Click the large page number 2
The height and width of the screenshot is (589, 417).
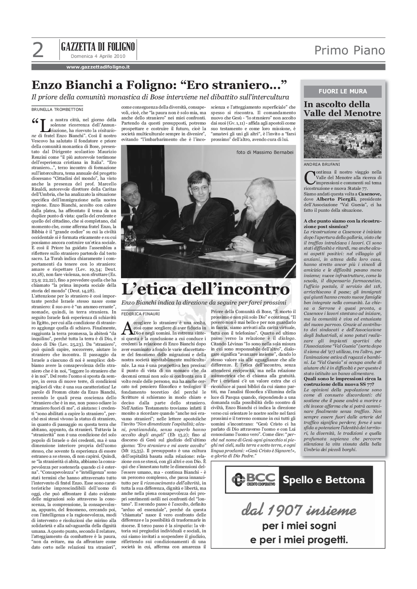(38, 50)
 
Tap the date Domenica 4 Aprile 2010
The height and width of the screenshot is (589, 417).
(98, 56)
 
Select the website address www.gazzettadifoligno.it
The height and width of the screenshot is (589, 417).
(98, 67)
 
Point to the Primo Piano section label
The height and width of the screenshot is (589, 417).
(349, 50)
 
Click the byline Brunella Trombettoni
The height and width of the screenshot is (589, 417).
(57, 109)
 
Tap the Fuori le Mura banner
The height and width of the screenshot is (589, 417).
(343, 91)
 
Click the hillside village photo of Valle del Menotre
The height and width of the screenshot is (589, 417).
(343, 139)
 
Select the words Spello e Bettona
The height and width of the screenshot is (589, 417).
(324, 480)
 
